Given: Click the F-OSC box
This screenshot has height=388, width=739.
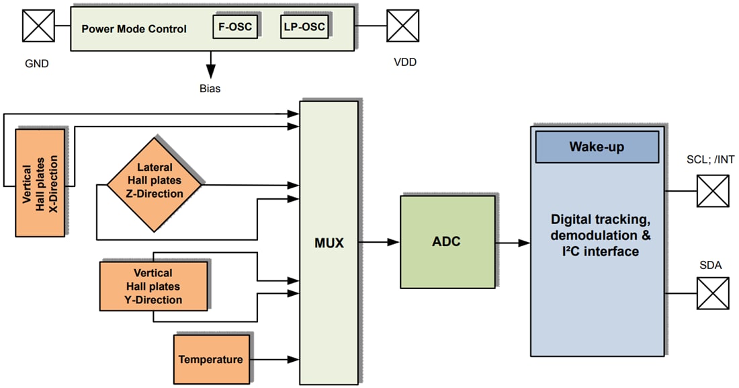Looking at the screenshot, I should pos(235,27).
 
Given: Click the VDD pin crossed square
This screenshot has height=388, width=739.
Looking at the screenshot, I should pos(403,27).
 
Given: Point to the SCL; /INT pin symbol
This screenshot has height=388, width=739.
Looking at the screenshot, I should pos(712,190).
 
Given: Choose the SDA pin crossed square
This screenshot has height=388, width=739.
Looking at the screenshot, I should pos(712,294).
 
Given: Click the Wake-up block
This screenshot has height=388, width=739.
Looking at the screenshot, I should pos(597,147).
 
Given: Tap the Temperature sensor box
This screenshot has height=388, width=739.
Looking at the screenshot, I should pos(210,360).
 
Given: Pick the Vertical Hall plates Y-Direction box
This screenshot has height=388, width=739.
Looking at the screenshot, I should pos(153,286).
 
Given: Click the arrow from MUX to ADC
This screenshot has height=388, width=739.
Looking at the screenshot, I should pos(379,243).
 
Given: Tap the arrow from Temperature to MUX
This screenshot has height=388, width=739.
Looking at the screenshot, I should pos(273,360).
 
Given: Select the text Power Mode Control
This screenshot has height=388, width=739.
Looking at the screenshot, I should pos(134,30).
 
